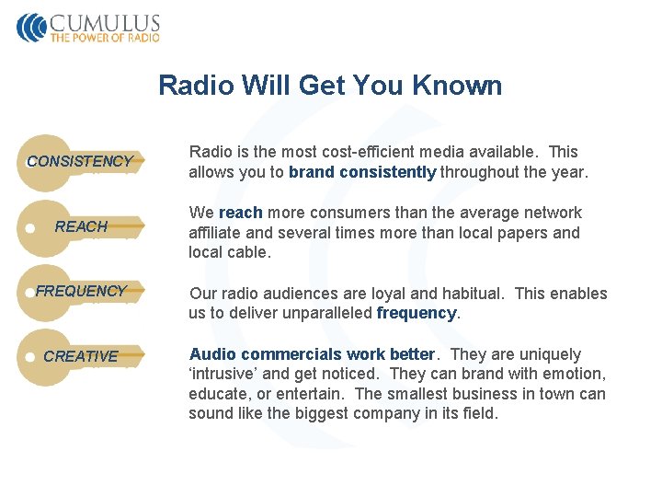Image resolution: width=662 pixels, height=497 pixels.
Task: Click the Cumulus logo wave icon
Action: [x=31, y=27]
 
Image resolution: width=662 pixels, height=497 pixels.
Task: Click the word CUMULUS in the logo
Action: [x=105, y=23]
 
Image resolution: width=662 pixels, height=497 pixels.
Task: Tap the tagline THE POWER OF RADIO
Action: [x=105, y=38]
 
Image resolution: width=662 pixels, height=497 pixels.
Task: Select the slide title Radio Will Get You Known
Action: [x=330, y=86]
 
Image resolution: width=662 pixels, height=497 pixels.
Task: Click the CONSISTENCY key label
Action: [x=80, y=161]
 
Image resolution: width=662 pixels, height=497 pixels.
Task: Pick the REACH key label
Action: [x=81, y=226]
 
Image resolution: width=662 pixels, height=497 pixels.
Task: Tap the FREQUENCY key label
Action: [x=81, y=291]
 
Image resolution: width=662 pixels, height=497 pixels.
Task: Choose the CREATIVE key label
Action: [x=81, y=356]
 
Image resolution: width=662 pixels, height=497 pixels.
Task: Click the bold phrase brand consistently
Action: [x=362, y=172]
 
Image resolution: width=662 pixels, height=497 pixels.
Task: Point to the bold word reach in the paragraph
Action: [x=241, y=213]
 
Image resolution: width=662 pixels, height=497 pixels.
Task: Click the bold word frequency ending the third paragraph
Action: [x=417, y=313]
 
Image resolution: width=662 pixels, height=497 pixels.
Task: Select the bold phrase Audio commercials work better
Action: [x=311, y=354]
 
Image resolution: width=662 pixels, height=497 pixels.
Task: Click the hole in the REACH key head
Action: [x=30, y=226]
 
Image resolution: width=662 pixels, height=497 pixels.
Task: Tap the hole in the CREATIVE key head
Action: [x=30, y=356]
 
